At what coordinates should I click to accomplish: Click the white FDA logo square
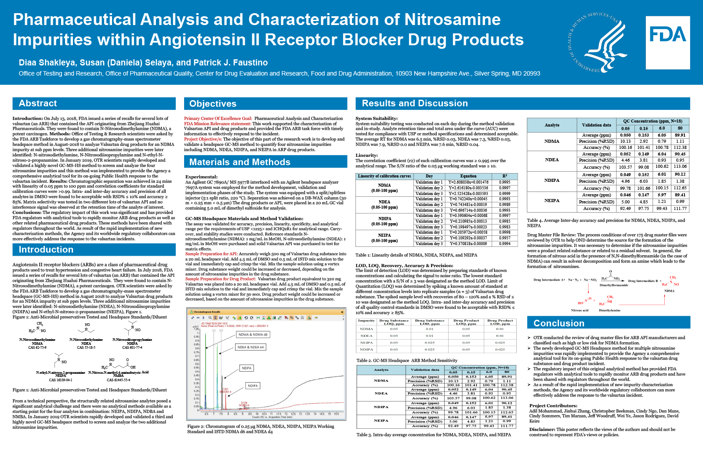pyautogui.click(x=667, y=43)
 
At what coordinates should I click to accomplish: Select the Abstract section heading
pyautogui.click(x=38, y=104)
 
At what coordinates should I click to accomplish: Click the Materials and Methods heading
pyautogui.click(x=239, y=162)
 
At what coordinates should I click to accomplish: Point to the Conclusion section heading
pyautogui.click(x=558, y=323)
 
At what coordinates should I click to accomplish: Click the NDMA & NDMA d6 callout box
pyautogui.click(x=253, y=335)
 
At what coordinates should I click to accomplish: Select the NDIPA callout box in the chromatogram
pyautogui.click(x=253, y=386)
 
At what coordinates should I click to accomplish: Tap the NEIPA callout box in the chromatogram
pyautogui.click(x=246, y=368)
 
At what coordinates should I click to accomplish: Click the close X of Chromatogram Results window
pyautogui.click(x=342, y=312)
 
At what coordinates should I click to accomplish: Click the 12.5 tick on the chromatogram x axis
pyautogui.click(x=286, y=414)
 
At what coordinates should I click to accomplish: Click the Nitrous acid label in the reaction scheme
pyautogui.click(x=580, y=310)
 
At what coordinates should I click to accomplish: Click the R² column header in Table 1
pyautogui.click(x=504, y=176)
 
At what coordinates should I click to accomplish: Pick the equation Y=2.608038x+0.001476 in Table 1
pyautogui.click(x=468, y=182)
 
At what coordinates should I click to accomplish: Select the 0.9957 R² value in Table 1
pyautogui.click(x=504, y=238)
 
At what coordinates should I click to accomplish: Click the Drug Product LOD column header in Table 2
pyautogui.click(x=500, y=322)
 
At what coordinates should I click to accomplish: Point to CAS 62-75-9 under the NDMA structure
pyautogui.click(x=37, y=347)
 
